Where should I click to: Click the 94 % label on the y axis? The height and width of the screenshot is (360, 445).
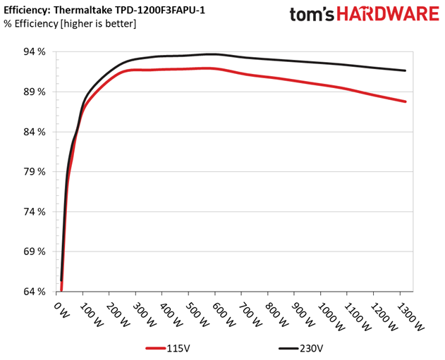click(35, 52)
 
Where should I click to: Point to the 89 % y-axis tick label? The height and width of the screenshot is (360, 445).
click(35, 92)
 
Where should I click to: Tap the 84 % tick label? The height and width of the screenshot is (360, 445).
click(35, 132)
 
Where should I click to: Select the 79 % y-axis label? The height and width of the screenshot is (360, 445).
click(35, 172)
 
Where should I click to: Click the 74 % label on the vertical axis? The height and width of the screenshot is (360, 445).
click(35, 212)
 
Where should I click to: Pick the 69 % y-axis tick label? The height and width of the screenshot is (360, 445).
click(35, 252)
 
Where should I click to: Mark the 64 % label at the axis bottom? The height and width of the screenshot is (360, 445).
click(35, 292)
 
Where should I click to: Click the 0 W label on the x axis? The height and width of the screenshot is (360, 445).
click(61, 310)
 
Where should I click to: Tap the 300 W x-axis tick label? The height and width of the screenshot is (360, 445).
click(144, 315)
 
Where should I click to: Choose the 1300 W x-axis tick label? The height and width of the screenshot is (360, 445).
click(410, 316)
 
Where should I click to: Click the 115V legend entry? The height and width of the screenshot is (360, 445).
click(167, 348)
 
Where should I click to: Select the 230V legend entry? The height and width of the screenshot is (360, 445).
click(300, 348)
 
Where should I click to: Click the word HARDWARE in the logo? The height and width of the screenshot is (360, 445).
click(388, 14)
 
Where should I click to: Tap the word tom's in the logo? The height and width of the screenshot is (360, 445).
click(312, 15)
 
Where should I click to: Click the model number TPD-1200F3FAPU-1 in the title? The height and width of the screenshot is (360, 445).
click(160, 11)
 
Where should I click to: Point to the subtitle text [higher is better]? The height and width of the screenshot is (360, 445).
click(98, 24)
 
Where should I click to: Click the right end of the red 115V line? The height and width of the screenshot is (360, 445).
click(406, 101)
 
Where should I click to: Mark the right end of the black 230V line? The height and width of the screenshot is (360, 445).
click(406, 70)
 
